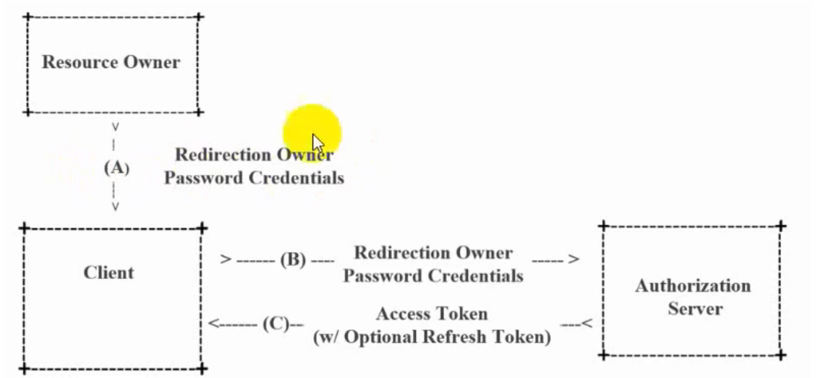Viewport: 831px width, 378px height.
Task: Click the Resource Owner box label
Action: tap(111, 62)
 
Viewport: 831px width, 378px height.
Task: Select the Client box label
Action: tap(108, 273)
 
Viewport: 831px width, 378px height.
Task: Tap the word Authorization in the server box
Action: tap(692, 286)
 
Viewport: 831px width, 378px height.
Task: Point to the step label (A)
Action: tap(116, 168)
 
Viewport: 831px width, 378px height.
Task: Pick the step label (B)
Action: tap(293, 259)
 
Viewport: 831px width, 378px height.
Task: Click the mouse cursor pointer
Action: tap(317, 142)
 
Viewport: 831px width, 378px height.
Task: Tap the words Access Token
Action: tap(432, 314)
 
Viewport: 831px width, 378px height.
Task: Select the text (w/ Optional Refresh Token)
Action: tap(432, 338)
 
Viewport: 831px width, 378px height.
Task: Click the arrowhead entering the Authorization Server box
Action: tap(574, 258)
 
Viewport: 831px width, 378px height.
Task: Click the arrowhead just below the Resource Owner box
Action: tap(115, 126)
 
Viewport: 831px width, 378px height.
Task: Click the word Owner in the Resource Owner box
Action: tap(151, 62)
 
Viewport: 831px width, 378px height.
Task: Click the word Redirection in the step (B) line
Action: tap(403, 253)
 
